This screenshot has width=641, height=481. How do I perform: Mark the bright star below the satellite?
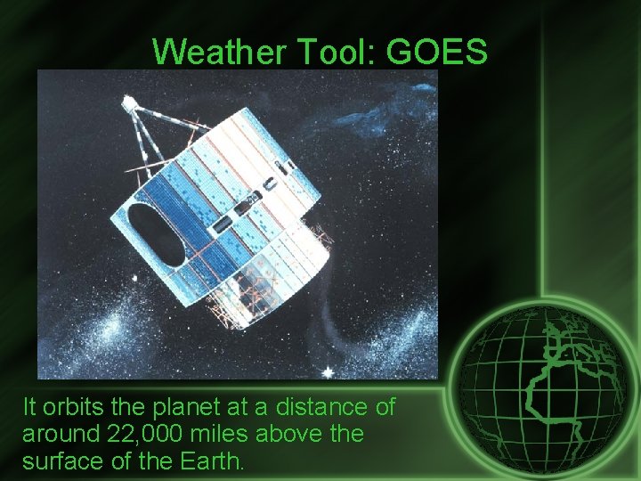click(328, 371)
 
